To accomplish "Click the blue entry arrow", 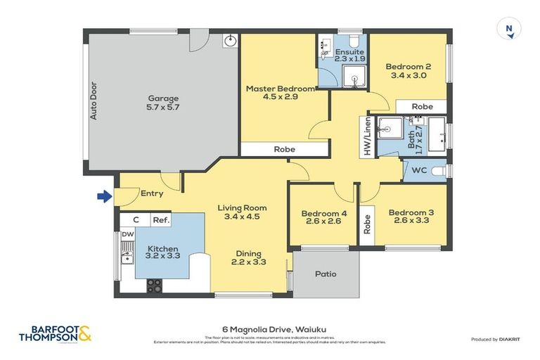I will point(104,197).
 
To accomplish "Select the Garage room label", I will point(162,103).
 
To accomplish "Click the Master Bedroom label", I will point(280,94).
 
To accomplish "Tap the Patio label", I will point(326,274).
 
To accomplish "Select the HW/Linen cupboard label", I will point(367,136).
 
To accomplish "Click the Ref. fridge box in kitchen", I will point(161,220).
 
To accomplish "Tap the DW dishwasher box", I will point(128,235).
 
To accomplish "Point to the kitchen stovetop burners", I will point(153,285).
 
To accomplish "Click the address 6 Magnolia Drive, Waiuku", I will point(270,329).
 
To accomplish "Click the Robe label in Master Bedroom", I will point(284,149).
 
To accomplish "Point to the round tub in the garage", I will point(229,41).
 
